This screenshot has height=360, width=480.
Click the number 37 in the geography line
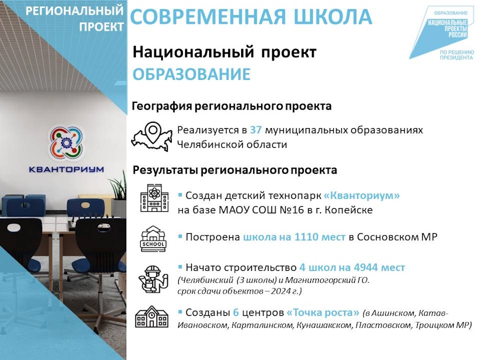255,130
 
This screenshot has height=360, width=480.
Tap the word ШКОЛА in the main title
333,17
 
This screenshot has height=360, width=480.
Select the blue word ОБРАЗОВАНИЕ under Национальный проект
191,74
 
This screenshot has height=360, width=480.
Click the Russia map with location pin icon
152,137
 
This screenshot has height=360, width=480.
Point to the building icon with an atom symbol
154,198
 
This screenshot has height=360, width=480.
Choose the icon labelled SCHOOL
153,239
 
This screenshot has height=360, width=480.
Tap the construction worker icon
153,279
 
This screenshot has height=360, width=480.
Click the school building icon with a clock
152,317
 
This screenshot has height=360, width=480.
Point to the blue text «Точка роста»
323,313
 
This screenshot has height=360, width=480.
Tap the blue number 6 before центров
235,313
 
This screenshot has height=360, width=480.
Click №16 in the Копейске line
292,210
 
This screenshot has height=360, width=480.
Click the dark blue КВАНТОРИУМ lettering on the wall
66,169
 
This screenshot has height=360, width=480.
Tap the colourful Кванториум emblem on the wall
66,143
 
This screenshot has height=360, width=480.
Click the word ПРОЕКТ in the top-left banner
102,27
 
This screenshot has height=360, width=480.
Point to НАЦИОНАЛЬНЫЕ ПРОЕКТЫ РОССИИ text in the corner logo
447,29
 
